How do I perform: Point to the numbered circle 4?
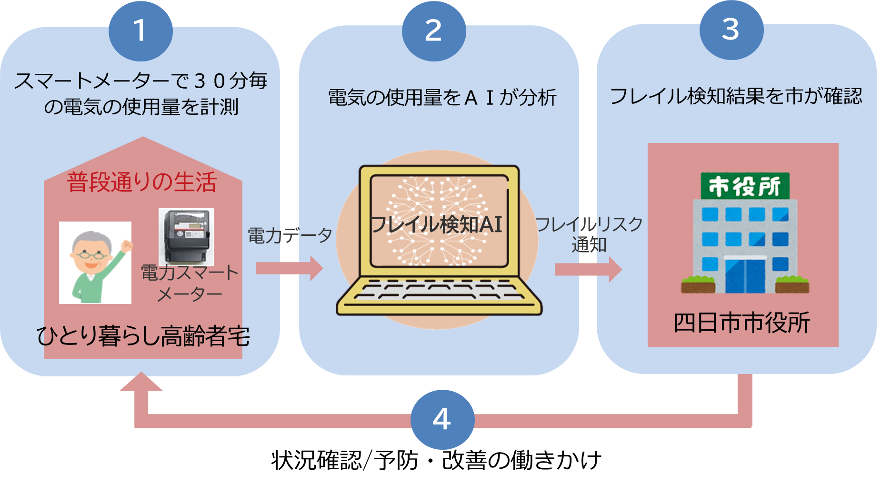pyautogui.click(x=442, y=419)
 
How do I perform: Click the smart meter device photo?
pyautogui.click(x=186, y=236)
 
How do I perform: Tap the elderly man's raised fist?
pyautogui.click(x=126, y=246)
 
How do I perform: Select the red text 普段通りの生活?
pyautogui.click(x=142, y=182)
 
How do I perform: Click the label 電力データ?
pyautogui.click(x=290, y=235)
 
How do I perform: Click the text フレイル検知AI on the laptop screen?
pyautogui.click(x=436, y=224)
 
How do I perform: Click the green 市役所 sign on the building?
pyautogui.click(x=745, y=186)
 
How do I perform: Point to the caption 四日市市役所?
pyautogui.click(x=742, y=323)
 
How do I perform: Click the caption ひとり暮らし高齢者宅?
pyautogui.click(x=143, y=336)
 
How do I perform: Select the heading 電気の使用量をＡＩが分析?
pyautogui.click(x=442, y=98)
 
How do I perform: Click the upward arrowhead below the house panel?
pyautogui.click(x=141, y=382)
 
